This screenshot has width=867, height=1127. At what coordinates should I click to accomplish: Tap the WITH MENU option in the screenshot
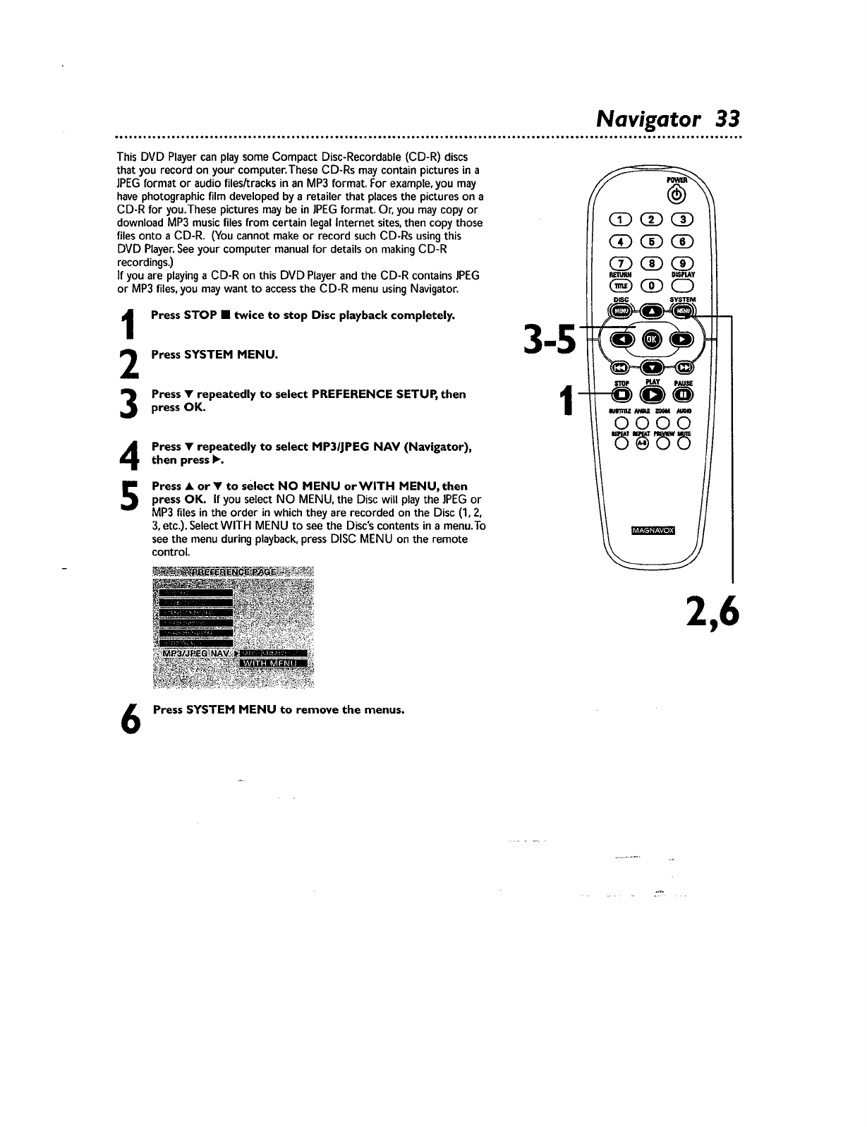point(274,663)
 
